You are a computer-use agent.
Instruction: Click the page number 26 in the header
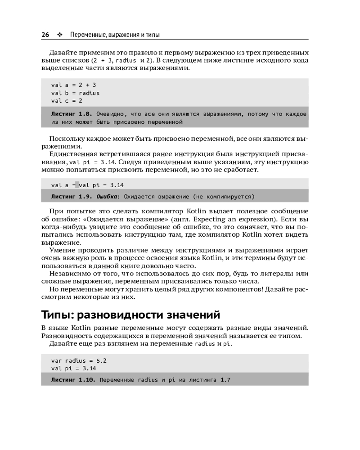point(45,34)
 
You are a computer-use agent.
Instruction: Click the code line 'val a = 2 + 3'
point(73,85)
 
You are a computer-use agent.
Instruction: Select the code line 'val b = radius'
point(75,93)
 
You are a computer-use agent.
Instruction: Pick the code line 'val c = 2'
point(67,101)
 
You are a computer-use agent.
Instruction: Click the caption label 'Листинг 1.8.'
point(72,114)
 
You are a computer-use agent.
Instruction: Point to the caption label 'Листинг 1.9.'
point(72,197)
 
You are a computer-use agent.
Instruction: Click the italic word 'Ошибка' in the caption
point(107,197)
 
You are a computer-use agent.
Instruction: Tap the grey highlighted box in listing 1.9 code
point(77,184)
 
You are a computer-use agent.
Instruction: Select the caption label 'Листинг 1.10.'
point(74,380)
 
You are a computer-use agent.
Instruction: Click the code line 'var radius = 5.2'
point(79,360)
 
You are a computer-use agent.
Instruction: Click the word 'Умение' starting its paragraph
point(63,250)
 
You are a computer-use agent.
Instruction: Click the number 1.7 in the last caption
point(225,380)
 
